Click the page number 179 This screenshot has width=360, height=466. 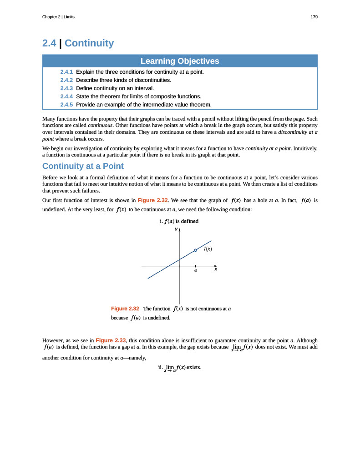coord(314,17)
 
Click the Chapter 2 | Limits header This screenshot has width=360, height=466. coord(58,17)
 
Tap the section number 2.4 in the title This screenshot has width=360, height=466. coord(49,43)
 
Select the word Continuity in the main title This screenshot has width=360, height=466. coord(89,43)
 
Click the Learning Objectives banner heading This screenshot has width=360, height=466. coord(180,61)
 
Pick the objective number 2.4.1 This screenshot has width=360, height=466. coord(66,72)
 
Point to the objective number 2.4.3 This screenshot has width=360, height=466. coord(66,88)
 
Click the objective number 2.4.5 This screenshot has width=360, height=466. coord(66,105)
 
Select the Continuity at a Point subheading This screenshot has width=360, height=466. coord(83,166)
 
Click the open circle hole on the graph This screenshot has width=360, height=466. coord(196,250)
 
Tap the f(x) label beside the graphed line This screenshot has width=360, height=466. coord(208,249)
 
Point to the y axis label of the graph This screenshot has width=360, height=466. coord(176,229)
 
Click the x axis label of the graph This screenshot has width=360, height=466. coord(216,269)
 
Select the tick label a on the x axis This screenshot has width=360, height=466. coord(196,270)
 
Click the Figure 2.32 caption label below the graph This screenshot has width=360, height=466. coord(125,309)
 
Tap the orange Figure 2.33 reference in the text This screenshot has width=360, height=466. coord(111,340)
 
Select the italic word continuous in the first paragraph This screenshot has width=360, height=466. coord(100,125)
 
